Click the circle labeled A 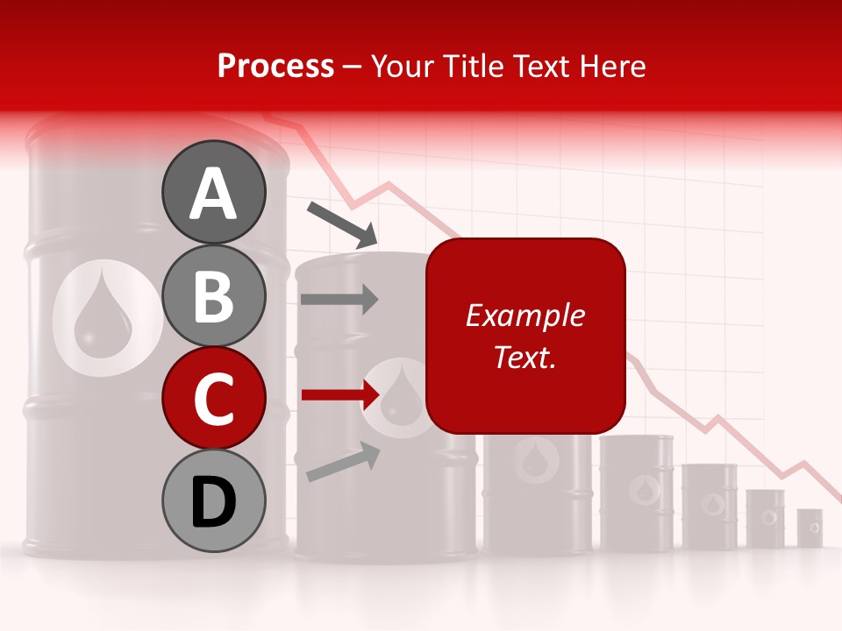[x=213, y=192]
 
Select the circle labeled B [x=213, y=295]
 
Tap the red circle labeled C [x=213, y=398]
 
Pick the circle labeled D [x=213, y=501]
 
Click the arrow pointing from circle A [x=342, y=224]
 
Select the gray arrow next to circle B [x=339, y=299]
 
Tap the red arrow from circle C [x=340, y=395]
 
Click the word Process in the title [x=275, y=66]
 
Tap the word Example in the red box [x=525, y=315]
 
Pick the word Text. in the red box [x=525, y=357]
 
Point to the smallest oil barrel [x=809, y=527]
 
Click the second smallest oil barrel [x=766, y=518]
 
